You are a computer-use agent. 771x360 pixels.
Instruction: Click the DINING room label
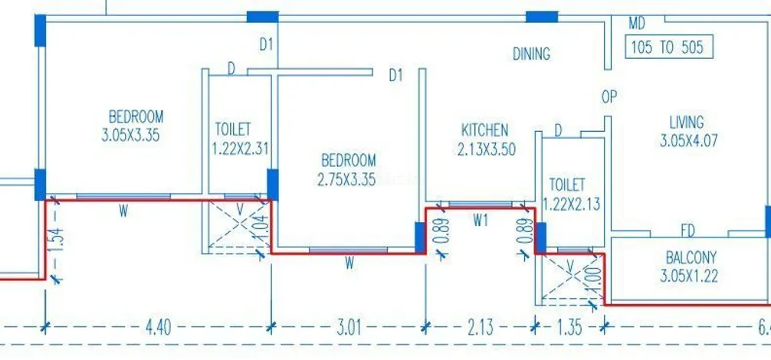(x=531, y=54)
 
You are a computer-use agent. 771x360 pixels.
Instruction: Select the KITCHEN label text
(x=485, y=130)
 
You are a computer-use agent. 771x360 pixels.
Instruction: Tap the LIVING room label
(x=687, y=121)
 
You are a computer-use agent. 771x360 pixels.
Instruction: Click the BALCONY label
(x=691, y=257)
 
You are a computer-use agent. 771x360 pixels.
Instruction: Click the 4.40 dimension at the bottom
(x=159, y=328)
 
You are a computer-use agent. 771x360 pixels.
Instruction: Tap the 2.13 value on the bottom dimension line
(x=481, y=328)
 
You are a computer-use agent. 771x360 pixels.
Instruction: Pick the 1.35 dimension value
(x=570, y=328)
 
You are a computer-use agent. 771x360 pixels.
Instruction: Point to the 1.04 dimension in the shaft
(x=263, y=230)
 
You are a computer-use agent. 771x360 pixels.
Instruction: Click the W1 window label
(x=481, y=221)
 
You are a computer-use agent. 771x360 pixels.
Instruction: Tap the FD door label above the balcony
(x=688, y=231)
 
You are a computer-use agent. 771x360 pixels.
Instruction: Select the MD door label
(x=637, y=23)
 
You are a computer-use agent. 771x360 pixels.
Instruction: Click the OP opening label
(x=609, y=97)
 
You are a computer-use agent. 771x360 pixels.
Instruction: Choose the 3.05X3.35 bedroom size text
(x=131, y=135)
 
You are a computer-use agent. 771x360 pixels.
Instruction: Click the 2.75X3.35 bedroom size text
(x=346, y=179)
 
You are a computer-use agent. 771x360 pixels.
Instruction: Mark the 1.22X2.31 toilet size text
(x=241, y=148)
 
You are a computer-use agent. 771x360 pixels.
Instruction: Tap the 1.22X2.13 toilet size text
(x=572, y=203)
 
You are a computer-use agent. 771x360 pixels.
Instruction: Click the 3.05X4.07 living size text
(x=689, y=140)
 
